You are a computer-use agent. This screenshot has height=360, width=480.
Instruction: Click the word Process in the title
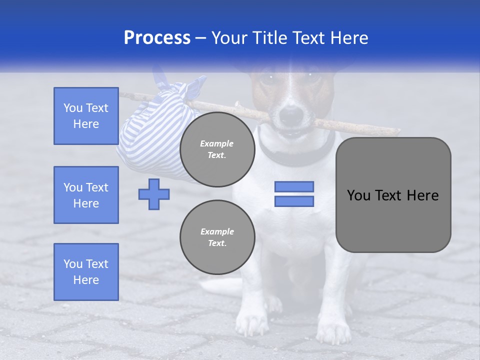156,38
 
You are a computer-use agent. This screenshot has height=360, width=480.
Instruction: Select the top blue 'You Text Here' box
86,116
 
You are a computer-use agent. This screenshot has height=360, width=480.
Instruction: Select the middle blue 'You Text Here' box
86,195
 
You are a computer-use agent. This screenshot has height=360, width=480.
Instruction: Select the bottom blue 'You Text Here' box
86,271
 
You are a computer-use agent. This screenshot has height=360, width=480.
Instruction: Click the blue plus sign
154,194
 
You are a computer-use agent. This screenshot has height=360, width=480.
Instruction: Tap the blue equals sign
294,194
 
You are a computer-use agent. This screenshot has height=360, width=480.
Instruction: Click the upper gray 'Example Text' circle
217,149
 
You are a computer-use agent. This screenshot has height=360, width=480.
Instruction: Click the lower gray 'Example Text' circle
217,237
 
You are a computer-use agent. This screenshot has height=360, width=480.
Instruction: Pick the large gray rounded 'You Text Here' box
393,195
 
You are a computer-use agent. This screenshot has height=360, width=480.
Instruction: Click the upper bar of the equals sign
294,187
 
